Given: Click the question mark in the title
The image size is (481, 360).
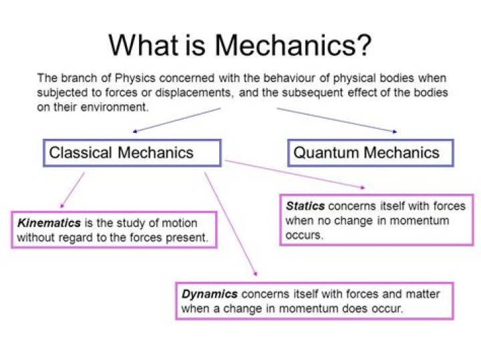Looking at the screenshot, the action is pyautogui.click(x=363, y=45).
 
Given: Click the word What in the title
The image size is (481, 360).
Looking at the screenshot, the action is pyautogui.click(x=144, y=45).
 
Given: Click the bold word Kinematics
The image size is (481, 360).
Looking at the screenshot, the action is pyautogui.click(x=49, y=223).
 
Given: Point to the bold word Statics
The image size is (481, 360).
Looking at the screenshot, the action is pyautogui.click(x=305, y=206).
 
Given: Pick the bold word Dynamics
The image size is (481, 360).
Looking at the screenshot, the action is pyautogui.click(x=210, y=294).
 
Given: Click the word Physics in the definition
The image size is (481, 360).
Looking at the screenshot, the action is pyautogui.click(x=135, y=78).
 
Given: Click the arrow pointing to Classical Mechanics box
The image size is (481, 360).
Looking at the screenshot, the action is pyautogui.click(x=176, y=120).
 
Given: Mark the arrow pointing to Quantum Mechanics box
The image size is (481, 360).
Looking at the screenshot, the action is pyautogui.click(x=337, y=120).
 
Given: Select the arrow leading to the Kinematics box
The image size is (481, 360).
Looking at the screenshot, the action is pyautogui.click(x=72, y=190).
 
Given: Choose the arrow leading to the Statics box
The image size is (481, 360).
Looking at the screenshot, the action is pyautogui.click(x=295, y=174).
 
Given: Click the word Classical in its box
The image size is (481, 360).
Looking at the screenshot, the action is pyautogui.click(x=80, y=153).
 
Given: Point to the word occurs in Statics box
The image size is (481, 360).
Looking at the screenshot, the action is pyautogui.click(x=304, y=236).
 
